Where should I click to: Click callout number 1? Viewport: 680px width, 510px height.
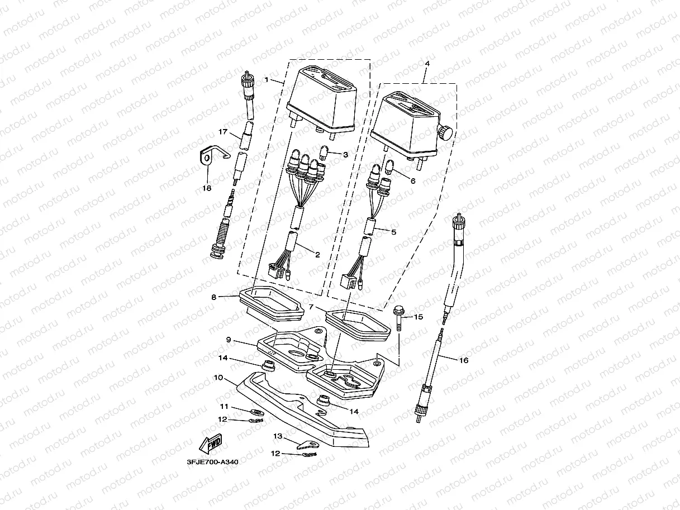point(267,80)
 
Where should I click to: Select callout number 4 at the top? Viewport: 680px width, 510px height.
point(427,64)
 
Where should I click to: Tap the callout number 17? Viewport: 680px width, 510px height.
point(223,132)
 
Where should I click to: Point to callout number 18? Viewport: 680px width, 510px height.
point(207,188)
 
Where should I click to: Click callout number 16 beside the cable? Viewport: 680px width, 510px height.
point(464,360)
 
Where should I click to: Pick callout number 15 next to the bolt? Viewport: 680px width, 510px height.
point(419,317)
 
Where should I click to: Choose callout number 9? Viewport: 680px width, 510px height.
point(229,339)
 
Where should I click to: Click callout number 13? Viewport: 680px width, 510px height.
point(278,435)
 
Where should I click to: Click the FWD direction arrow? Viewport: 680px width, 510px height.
point(211,444)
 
